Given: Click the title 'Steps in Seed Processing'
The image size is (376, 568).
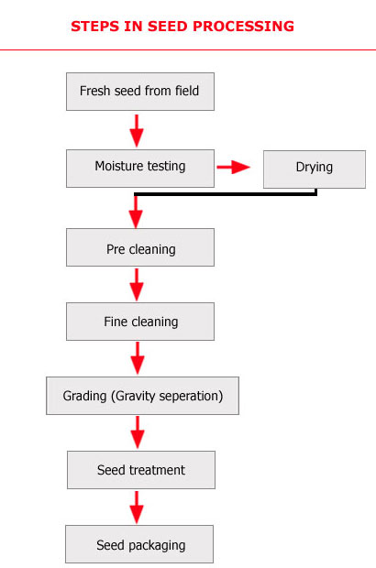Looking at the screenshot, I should [182, 27].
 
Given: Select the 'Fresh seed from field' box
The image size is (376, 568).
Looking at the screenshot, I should [139, 92].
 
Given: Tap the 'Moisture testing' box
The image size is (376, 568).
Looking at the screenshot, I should [139, 167].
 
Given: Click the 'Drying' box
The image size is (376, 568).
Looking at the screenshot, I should [314, 169].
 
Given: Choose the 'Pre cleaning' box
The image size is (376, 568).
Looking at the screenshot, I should [139, 248].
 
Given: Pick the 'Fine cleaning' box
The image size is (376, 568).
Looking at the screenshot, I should [139, 322].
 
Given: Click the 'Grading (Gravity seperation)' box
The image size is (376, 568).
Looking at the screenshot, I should [142, 397].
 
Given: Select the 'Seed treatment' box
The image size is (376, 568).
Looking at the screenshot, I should [140, 470].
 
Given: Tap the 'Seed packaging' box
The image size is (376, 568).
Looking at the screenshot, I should [139, 545].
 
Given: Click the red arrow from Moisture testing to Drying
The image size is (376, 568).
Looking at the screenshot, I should [233, 168].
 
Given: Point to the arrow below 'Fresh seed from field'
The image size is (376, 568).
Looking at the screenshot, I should [137, 129].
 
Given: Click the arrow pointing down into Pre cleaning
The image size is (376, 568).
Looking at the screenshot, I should [137, 213].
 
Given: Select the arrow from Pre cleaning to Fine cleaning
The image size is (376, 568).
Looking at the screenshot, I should [137, 285].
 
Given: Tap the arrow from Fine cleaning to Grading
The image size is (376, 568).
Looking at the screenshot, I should [137, 358].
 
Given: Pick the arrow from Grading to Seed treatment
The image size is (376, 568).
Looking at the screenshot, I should [137, 432].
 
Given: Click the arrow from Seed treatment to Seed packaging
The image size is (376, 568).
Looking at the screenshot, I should [137, 507].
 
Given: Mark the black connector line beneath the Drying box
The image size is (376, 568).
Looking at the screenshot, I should [229, 194].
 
